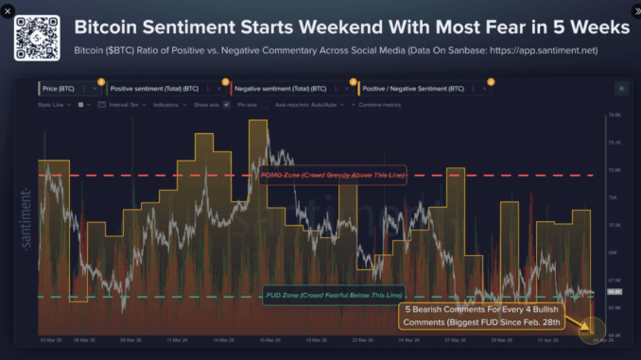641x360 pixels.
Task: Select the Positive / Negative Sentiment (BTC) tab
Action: (x=414, y=88)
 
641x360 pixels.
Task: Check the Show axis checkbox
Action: (x=226, y=104)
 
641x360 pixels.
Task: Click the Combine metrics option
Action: (x=376, y=104)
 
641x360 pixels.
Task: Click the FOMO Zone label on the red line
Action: (x=332, y=175)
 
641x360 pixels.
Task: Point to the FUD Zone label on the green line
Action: (x=332, y=296)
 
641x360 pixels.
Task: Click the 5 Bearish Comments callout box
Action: (x=483, y=316)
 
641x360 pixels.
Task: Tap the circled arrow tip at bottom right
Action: (x=594, y=331)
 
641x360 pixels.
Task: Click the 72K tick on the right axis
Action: (x=613, y=197)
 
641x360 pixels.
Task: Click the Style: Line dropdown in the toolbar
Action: (x=55, y=104)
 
